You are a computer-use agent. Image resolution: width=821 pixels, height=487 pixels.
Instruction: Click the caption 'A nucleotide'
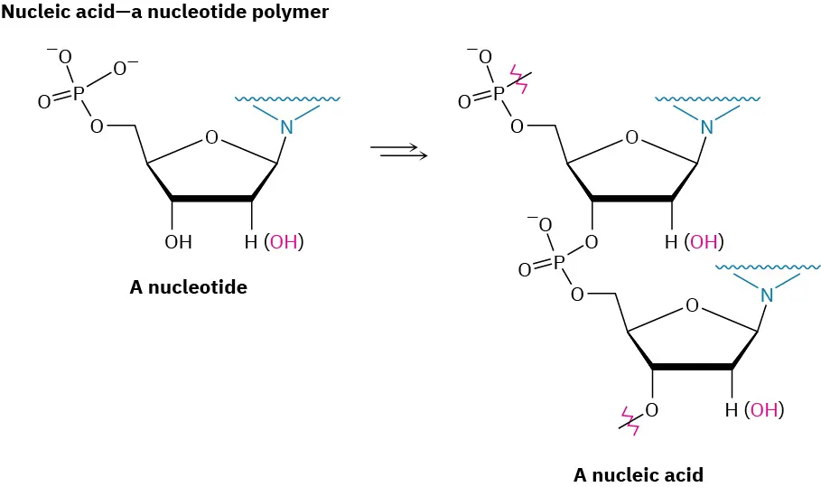[x=188, y=287]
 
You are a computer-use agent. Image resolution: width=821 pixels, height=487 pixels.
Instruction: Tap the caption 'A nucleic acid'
[x=638, y=474]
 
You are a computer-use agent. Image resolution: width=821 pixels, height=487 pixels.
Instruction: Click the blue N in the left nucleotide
[x=286, y=128]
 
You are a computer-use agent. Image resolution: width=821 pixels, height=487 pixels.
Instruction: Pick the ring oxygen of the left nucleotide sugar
[x=211, y=137]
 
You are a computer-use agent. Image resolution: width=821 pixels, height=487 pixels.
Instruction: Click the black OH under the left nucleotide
[x=178, y=242]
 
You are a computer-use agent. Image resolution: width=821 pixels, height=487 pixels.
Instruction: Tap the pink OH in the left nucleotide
[x=284, y=242]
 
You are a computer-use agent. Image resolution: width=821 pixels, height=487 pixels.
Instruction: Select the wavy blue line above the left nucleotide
[x=287, y=98]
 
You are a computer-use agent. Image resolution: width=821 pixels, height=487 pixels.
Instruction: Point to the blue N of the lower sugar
[x=767, y=295]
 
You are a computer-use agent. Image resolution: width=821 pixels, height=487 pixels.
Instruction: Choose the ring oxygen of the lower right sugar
[x=692, y=305]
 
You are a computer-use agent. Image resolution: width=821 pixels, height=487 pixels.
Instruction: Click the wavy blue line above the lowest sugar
[x=768, y=267]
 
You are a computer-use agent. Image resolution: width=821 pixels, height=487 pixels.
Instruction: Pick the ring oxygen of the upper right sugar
[x=631, y=137]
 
